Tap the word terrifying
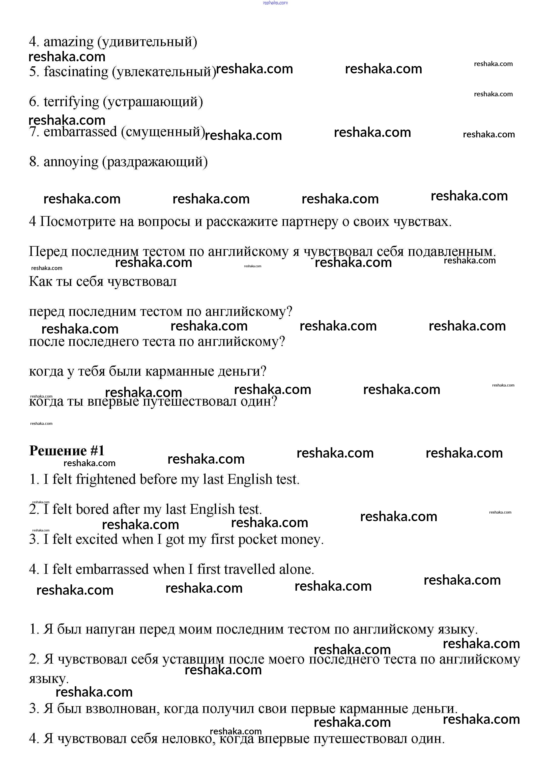pos(71,102)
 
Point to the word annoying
pos(71,162)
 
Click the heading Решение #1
pos(67,451)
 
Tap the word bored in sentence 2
pos(92,509)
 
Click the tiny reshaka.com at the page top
pos(275,3)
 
